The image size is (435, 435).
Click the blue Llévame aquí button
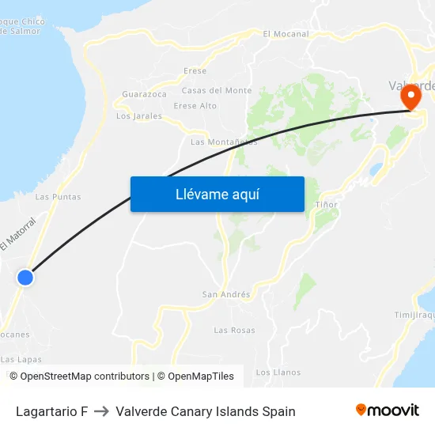(217, 194)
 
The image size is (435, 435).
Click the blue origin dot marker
(25, 278)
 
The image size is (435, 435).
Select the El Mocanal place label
(286, 34)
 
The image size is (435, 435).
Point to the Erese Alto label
(195, 106)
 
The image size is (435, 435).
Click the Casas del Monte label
(217, 91)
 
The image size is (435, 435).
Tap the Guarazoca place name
(145, 94)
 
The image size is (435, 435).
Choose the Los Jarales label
(139, 116)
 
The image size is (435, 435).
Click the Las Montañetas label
(224, 142)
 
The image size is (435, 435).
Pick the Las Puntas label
(59, 197)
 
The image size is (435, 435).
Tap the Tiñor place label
(326, 205)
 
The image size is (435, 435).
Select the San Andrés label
(226, 295)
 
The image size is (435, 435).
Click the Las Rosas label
(234, 330)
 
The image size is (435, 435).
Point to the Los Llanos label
(278, 372)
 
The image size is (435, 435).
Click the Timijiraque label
(414, 315)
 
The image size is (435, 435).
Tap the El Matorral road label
(18, 234)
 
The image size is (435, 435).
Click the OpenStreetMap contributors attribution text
(85, 376)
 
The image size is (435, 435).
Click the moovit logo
(387, 410)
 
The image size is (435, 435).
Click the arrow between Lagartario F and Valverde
(101, 411)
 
